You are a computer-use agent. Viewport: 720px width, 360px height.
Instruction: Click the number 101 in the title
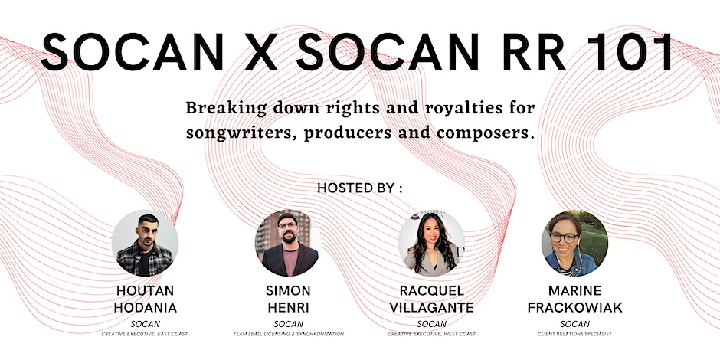[630, 51]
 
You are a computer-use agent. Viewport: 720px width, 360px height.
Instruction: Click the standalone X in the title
[260, 51]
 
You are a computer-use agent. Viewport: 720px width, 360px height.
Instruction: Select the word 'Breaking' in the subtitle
[226, 109]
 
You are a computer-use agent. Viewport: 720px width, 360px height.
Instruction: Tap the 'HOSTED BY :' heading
[359, 188]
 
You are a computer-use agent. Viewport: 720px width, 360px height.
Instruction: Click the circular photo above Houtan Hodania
[145, 244]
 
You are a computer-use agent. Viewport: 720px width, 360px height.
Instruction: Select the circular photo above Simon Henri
[288, 244]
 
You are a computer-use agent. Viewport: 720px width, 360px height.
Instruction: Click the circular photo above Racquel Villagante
[432, 244]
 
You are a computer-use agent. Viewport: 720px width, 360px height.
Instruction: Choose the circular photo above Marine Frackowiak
[575, 244]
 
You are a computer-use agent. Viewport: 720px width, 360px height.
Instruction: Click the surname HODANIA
[145, 308]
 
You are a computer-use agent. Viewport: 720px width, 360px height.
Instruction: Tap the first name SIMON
[288, 290]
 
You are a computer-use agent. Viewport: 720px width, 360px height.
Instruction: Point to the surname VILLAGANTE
[432, 308]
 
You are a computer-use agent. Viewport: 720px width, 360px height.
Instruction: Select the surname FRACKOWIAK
[575, 308]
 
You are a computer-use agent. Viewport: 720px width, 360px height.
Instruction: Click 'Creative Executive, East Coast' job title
[145, 334]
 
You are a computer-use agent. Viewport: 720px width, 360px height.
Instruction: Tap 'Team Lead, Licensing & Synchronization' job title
[288, 334]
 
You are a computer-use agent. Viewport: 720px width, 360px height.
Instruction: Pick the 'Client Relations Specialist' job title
[575, 334]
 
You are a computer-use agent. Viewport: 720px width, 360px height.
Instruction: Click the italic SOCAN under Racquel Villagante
[432, 324]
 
